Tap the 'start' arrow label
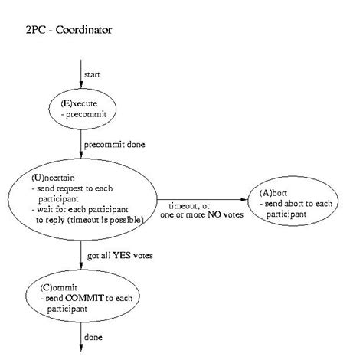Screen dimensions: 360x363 pyautogui.click(x=93, y=75)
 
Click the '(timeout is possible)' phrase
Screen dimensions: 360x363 pyautogui.click(x=102, y=219)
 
